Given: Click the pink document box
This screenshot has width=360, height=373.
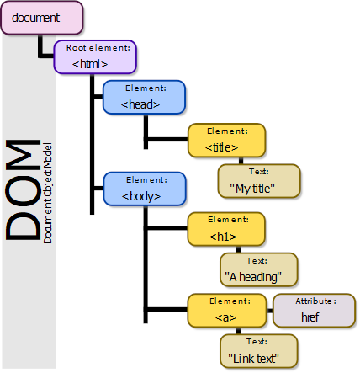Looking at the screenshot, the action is [42, 18].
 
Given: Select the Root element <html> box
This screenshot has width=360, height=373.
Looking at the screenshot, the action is [95, 57].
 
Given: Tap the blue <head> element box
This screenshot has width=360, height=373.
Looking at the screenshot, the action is [144, 97].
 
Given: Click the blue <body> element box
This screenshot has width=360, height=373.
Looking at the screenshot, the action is [145, 189].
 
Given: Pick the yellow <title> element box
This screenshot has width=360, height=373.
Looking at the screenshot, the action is [226, 141].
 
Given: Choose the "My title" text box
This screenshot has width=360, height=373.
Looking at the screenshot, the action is [259, 181].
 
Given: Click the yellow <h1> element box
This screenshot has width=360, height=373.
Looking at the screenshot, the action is [226, 229].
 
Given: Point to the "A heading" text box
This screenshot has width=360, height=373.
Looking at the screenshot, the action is [259, 269].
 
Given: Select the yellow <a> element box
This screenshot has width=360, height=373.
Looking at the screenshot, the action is [227, 311].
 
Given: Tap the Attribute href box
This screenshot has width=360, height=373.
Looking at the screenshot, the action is [315, 311].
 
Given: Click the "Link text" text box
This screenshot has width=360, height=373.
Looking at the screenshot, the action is [258, 351].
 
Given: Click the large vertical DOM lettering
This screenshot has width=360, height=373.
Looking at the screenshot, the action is [23, 189].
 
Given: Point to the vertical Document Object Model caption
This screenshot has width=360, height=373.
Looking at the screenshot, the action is [48, 193].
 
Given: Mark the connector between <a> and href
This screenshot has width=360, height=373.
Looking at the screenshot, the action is [270, 311].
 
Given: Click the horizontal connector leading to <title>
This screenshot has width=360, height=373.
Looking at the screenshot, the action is [166, 139].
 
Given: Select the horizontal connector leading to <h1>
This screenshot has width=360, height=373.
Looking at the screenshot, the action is [166, 228].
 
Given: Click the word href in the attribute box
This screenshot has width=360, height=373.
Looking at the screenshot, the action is [310, 317].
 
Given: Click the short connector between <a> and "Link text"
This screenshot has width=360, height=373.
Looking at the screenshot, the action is [238, 331].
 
